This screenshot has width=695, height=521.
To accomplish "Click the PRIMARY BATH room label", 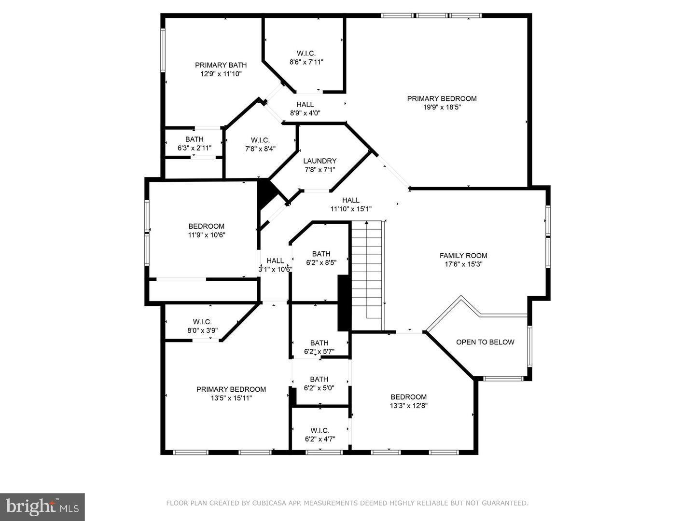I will (221, 65).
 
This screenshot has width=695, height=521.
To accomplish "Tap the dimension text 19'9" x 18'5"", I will (442, 108).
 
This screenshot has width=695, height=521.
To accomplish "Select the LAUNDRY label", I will (320, 161).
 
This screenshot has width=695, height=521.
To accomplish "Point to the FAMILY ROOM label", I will (463, 256).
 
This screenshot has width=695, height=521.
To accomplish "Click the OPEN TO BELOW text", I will (485, 342).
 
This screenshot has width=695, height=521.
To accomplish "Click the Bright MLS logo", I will (42, 507).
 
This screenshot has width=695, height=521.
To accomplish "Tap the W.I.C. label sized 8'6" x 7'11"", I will (306, 53).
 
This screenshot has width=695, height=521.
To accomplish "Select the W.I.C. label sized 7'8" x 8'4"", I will (260, 140).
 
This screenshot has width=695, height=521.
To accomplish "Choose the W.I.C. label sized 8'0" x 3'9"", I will (202, 322).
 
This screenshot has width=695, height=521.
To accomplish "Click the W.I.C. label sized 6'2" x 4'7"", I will (320, 430).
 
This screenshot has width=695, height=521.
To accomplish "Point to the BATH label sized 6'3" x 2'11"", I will (194, 139).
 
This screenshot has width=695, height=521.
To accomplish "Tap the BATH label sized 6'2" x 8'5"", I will (321, 254).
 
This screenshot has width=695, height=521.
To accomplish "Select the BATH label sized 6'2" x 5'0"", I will (319, 379).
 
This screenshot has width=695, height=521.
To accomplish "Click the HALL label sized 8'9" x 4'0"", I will (305, 104).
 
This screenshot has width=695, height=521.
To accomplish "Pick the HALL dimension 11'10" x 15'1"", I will (351, 209).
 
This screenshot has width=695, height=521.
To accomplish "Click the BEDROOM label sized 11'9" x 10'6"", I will (206, 226).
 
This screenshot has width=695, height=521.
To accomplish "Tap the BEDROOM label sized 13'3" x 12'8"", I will (408, 397).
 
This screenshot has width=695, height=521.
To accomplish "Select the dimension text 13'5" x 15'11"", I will (231, 398).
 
